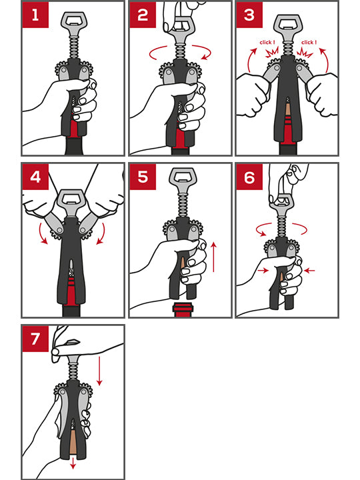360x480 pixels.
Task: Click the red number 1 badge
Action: [35, 15]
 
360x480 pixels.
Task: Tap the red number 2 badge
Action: [143, 15]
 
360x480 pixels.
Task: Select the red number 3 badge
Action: [249, 15]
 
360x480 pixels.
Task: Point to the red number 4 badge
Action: [35, 177]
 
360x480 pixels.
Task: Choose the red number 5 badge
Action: [143, 177]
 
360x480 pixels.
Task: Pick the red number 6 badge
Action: [249, 177]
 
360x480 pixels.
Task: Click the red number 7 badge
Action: [35, 339]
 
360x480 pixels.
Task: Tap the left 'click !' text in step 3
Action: [267, 42]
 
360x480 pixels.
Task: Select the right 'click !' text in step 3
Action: [309, 42]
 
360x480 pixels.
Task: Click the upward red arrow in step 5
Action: [214, 257]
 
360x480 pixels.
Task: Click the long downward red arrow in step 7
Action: [99, 371]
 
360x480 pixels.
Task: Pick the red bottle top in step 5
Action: [183, 309]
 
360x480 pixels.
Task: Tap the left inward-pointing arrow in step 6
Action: [263, 270]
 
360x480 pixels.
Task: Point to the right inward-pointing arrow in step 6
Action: [309, 270]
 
